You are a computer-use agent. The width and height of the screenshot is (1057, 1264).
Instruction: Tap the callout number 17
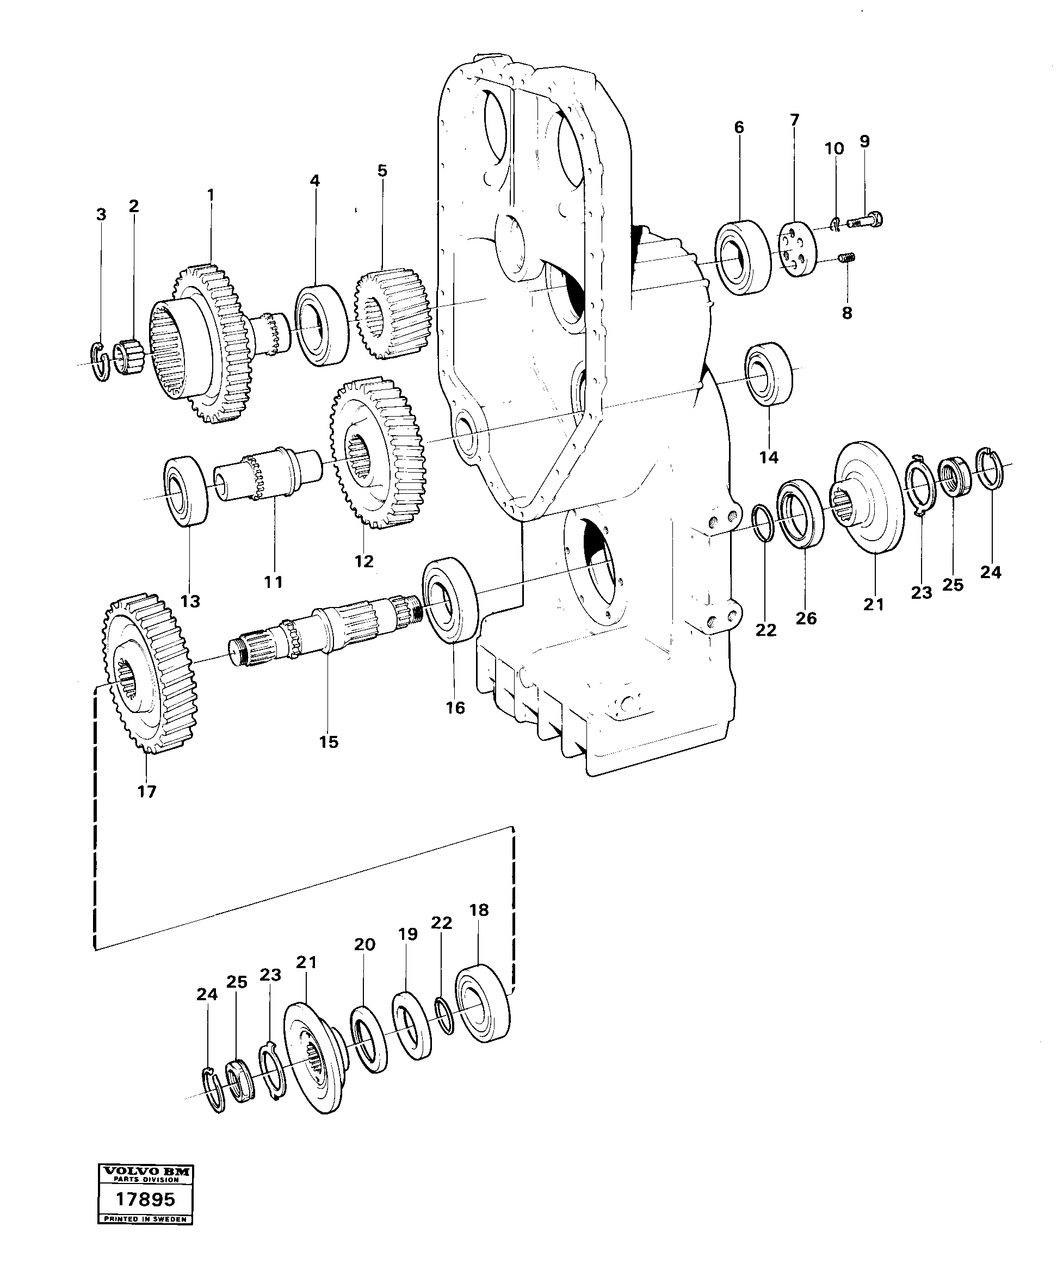tap(147, 791)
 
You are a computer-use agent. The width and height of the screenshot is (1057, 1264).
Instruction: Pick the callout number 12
tap(363, 561)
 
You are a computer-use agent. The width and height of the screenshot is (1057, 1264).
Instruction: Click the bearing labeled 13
tap(187, 490)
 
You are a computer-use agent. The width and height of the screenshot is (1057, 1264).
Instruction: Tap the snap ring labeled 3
tap(101, 362)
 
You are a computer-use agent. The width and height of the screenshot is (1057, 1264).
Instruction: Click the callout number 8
tap(847, 313)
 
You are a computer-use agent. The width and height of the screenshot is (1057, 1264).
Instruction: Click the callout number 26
tap(806, 618)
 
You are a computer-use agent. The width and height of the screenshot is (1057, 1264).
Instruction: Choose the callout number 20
tap(364, 944)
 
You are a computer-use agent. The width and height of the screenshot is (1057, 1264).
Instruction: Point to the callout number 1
tap(210, 195)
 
